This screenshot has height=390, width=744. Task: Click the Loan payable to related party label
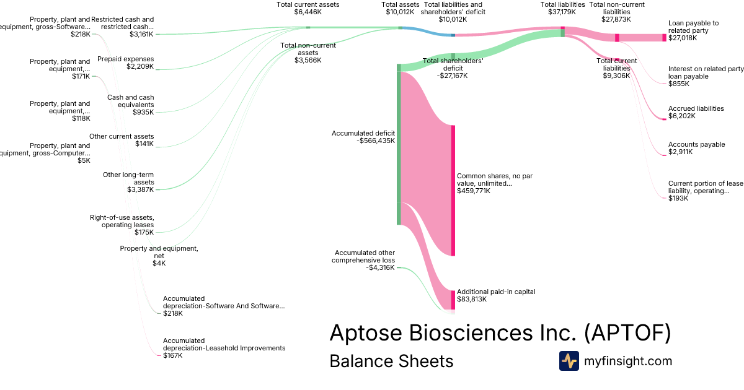tap(693, 27)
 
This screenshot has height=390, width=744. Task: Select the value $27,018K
tap(683, 38)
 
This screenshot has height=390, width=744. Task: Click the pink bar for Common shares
tap(453, 190)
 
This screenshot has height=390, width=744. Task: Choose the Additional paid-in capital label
tap(495, 292)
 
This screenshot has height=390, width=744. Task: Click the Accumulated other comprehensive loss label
tap(365, 256)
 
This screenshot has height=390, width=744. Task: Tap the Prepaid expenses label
tap(125, 59)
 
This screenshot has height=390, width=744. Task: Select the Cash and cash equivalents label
tap(130, 101)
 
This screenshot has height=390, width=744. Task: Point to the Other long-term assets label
tap(128, 178)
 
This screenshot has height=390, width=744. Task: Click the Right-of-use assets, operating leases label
tap(122, 220)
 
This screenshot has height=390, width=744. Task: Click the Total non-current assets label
tap(308, 49)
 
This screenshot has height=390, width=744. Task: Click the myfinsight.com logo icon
tap(569, 361)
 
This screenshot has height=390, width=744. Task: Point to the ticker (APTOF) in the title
tap(627, 332)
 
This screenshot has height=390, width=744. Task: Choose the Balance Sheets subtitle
tap(391, 361)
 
